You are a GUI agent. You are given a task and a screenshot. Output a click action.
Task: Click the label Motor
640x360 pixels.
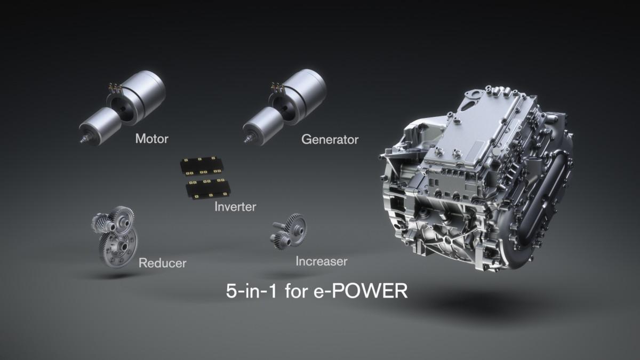pos(151,139)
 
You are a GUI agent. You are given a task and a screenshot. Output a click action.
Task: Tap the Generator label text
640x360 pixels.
pos(330,140)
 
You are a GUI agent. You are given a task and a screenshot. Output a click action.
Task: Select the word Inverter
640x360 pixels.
pos(235,206)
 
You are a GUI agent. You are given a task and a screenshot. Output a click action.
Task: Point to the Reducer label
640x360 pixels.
pos(162,263)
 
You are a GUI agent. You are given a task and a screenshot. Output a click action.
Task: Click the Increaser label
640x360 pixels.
pos(321,261)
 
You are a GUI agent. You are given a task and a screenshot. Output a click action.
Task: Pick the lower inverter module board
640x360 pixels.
pos(207,188)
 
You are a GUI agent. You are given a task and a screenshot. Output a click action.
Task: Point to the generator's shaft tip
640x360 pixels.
pos(247,140)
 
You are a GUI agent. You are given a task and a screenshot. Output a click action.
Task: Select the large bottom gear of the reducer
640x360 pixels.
pos(118,247)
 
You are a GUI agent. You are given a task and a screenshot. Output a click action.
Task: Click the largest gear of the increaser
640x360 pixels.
pos(295,226)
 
